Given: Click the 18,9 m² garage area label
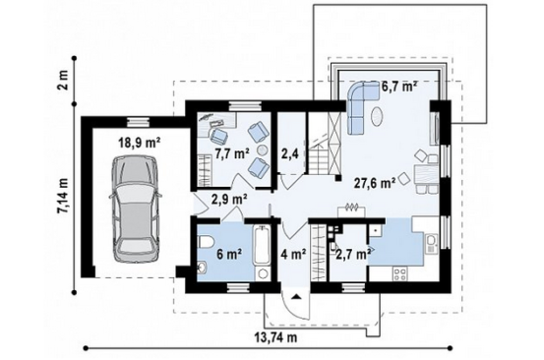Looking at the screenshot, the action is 140,142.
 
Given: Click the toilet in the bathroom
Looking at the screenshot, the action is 206,242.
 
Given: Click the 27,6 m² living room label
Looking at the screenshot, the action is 375,182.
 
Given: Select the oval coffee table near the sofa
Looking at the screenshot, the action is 378,117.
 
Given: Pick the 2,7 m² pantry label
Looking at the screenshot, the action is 351,255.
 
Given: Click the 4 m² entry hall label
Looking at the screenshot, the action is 294,255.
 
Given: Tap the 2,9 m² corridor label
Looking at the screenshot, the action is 229,200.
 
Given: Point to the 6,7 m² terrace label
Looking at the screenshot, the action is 399,87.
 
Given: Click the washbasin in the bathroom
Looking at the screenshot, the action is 203,268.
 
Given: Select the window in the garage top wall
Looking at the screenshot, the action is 139,121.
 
